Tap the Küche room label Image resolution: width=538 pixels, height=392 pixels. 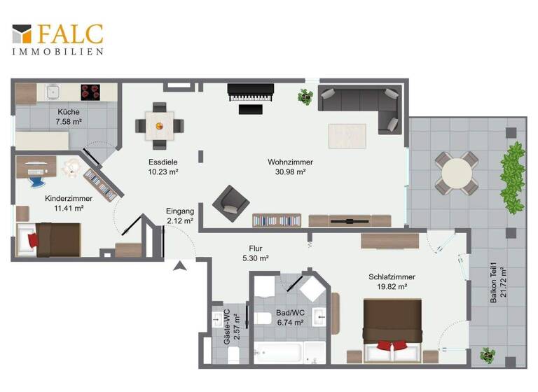[x=69, y=111]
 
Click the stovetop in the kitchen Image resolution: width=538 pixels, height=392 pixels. [x=90, y=92]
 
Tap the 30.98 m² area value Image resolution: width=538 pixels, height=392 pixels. [x=290, y=171]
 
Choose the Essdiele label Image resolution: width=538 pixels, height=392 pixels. [x=162, y=162]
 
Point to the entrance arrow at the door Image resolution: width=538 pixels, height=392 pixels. [x=179, y=265]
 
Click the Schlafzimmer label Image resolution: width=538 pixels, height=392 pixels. [x=392, y=276]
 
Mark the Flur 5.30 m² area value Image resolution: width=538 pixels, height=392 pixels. [x=255, y=258]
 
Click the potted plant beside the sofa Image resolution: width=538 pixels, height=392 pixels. [x=305, y=97]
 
